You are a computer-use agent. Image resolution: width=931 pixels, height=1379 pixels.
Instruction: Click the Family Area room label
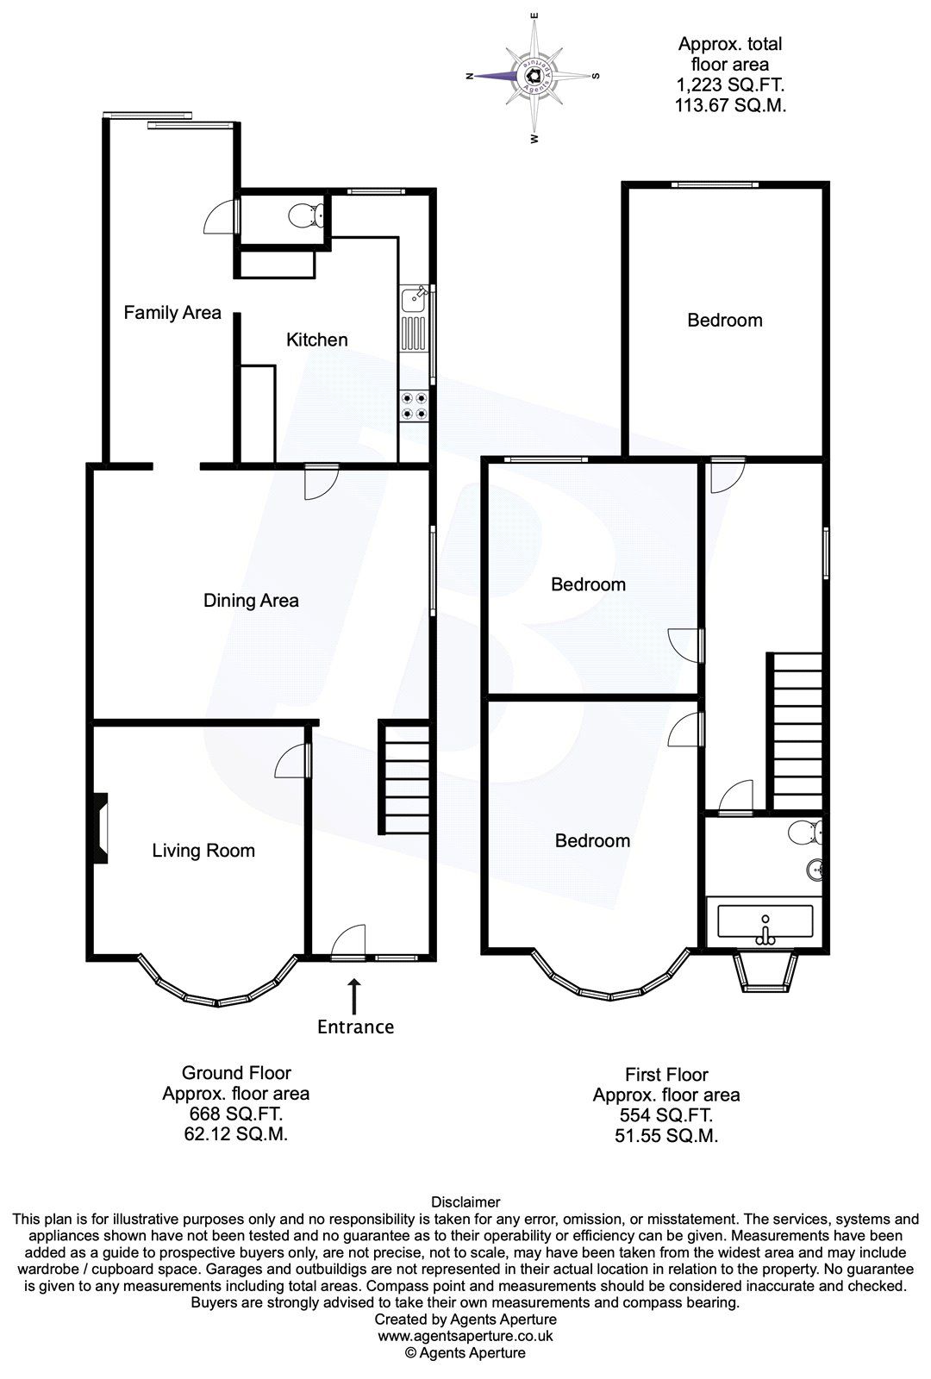pos(172,313)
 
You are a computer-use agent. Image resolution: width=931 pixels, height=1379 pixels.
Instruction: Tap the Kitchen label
pos(316,340)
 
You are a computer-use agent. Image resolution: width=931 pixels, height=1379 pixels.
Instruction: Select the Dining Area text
pos(251,601)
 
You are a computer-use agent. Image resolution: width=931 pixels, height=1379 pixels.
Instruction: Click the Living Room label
pos(203,851)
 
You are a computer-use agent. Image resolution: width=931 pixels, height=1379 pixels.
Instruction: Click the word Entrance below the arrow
pos(355,1026)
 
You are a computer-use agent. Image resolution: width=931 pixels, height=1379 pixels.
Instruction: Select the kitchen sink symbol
pos(414,300)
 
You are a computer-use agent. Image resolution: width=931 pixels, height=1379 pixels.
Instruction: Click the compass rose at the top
pos(534,76)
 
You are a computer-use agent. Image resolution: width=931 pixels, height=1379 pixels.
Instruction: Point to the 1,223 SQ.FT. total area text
pos(730,85)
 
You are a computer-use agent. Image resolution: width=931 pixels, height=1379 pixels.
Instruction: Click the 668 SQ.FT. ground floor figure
pos(235,1114)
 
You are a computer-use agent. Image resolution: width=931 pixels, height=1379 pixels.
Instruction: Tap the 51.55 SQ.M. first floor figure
pos(665,1136)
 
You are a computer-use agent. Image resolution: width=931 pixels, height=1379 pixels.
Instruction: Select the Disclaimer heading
pos(465,1201)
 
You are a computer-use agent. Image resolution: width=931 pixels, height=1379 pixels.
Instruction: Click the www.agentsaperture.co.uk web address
pos(465,1336)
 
